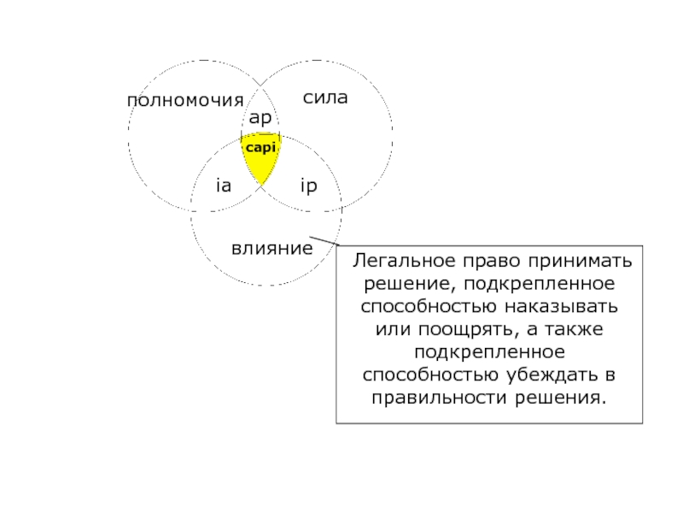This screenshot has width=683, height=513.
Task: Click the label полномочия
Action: (x=185, y=101)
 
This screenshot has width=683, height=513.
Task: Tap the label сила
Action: (x=325, y=97)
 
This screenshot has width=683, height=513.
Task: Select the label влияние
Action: (x=272, y=248)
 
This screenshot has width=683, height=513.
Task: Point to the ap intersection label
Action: (x=260, y=118)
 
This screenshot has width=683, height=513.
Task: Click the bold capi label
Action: (x=261, y=148)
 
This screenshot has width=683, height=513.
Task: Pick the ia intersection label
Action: (x=224, y=186)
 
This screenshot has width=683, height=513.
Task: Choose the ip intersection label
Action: (x=309, y=186)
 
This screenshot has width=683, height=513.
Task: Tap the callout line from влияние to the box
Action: (x=324, y=241)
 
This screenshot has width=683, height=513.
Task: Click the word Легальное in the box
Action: (x=404, y=261)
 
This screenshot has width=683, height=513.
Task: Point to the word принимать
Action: (x=581, y=262)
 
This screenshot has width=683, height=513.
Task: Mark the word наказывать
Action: (x=561, y=306)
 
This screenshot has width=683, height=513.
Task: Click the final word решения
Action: (x=561, y=398)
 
